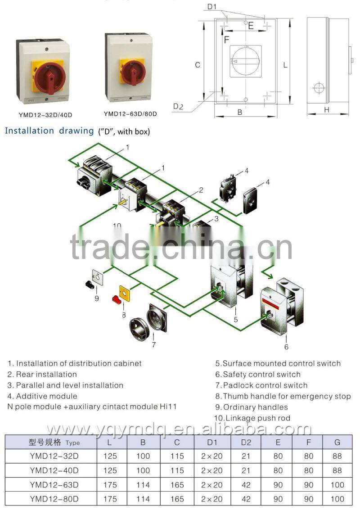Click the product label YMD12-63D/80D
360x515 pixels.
tap(130, 113)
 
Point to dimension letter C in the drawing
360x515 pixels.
tap(197, 65)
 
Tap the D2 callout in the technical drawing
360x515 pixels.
tap(178, 106)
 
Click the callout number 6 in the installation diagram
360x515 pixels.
tap(286, 347)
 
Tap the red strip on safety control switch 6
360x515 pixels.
tap(275, 302)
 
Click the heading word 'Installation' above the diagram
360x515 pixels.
tap(30, 131)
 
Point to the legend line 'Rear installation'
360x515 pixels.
tap(46, 374)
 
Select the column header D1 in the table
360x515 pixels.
tap(212, 442)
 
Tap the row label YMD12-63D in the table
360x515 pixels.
tap(54, 485)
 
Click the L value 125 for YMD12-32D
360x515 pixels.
tap(110, 456)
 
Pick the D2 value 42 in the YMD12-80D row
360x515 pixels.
tap(246, 499)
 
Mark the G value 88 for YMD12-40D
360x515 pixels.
tap(337, 470)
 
